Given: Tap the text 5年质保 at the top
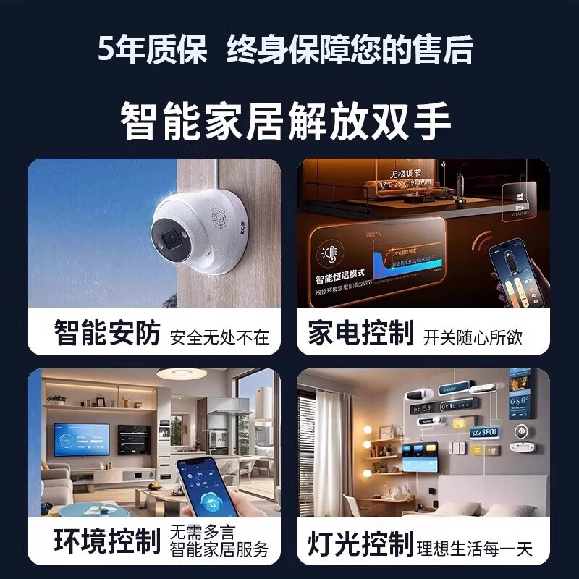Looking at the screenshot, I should (x=152, y=51).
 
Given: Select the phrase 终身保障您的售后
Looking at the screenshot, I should (x=350, y=51).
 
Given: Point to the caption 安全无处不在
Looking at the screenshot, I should (x=219, y=337).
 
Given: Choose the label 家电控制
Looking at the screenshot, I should (x=360, y=334).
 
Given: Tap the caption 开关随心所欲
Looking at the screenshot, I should (x=473, y=337).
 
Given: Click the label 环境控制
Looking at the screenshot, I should (x=107, y=541).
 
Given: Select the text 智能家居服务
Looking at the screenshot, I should (x=219, y=549).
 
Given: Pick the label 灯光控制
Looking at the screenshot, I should (x=360, y=541).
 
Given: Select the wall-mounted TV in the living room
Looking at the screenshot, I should (x=81, y=439).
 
